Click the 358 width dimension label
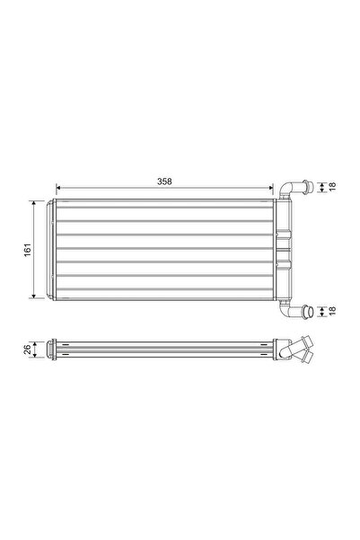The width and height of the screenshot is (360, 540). coord(164,181)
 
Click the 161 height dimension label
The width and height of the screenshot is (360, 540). coord(27,248)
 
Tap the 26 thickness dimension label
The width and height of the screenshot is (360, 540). coord(27,347)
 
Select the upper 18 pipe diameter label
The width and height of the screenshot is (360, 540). coord(333,187)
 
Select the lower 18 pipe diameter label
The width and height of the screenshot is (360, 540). coord(333,312)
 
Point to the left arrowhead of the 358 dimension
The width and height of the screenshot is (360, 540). coord(59,189)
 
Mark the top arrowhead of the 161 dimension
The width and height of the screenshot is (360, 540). coord(35,204)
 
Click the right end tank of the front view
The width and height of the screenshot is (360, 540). coord(283,249)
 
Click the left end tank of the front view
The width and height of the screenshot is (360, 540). coord(53,249)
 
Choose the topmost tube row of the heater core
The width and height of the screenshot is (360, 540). coord(166,211)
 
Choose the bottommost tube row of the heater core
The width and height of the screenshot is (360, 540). coord(166,287)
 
